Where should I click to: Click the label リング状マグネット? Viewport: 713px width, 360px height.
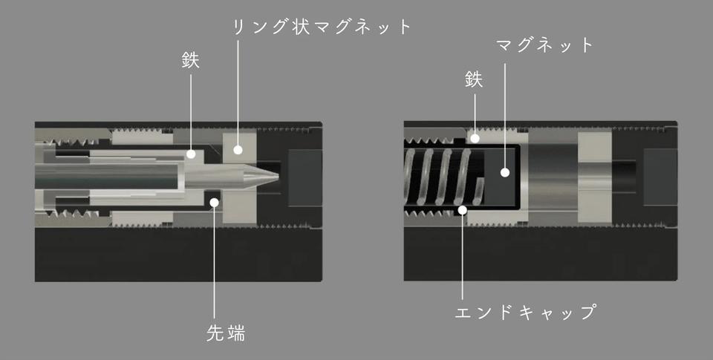(x=322, y=27)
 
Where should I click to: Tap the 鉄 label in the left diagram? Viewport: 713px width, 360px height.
(x=191, y=60)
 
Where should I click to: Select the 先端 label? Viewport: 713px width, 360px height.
(x=226, y=333)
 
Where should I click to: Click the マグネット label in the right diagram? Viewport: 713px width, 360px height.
(x=544, y=45)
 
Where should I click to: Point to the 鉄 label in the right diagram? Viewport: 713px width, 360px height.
(x=474, y=80)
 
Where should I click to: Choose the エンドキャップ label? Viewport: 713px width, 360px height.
(x=525, y=312)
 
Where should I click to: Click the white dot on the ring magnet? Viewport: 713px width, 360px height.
(x=238, y=148)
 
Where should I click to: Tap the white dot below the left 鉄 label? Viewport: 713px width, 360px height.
(x=191, y=154)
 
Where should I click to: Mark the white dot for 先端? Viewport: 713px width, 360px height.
(x=214, y=203)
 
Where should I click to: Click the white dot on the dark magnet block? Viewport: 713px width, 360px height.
(x=504, y=172)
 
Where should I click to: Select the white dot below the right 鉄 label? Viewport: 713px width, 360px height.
(x=475, y=138)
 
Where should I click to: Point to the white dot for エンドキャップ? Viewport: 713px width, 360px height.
(x=463, y=210)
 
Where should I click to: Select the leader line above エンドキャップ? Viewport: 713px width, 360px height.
(x=463, y=257)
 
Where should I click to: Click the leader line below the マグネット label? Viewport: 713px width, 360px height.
(x=504, y=116)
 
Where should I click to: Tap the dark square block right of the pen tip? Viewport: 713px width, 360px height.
(x=305, y=177)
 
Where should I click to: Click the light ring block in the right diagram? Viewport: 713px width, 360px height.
(x=595, y=177)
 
